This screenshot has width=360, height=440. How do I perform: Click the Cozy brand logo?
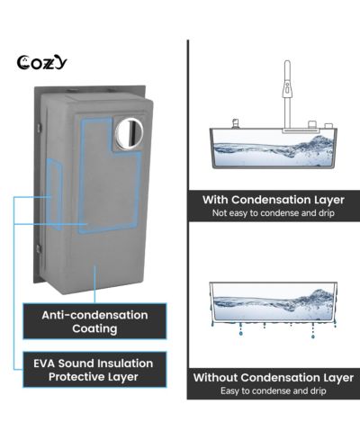point(41,63)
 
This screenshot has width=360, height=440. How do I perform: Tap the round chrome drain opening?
point(130,133)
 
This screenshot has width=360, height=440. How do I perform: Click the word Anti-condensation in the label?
point(94,315)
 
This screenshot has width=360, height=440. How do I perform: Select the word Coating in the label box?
point(94,328)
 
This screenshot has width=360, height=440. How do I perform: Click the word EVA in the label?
point(44,364)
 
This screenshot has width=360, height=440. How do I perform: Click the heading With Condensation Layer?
point(274,200)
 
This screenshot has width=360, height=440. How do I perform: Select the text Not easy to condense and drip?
point(274,213)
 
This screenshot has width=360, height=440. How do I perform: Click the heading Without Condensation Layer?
point(274,378)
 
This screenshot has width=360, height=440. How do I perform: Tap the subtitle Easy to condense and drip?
point(274,391)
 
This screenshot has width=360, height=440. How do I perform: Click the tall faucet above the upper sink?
point(287,95)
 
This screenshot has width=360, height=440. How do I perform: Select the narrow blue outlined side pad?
point(54,194)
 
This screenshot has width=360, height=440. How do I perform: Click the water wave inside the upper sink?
point(273,151)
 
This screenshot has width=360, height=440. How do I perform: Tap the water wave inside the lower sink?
point(273,303)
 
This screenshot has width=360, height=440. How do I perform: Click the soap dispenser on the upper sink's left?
point(236,123)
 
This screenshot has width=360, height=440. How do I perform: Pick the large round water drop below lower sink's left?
point(240,333)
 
